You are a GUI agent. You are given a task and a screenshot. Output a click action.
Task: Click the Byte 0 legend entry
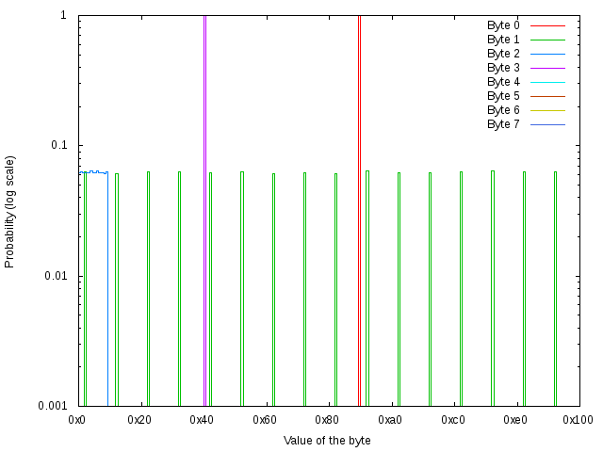click(x=503, y=25)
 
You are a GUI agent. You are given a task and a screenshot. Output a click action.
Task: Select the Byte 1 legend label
click(x=503, y=40)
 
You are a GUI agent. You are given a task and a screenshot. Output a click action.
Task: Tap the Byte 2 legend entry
click(x=503, y=54)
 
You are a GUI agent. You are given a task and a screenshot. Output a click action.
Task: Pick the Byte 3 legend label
click(x=503, y=68)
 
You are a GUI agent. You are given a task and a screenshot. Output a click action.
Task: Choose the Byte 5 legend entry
click(x=503, y=96)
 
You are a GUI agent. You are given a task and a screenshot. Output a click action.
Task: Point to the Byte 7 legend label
click(x=503, y=124)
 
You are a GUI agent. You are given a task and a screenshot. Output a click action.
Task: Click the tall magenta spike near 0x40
click(x=204, y=188)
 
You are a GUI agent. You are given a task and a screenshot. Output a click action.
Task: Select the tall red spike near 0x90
click(x=359, y=188)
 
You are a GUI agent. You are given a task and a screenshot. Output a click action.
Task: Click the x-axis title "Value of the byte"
click(x=327, y=441)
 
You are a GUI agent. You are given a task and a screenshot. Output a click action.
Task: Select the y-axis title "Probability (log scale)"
click(x=10, y=211)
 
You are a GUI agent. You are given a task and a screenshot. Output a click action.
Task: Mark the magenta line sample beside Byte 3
click(x=547, y=68)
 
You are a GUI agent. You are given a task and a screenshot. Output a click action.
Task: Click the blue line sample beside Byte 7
click(x=547, y=124)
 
